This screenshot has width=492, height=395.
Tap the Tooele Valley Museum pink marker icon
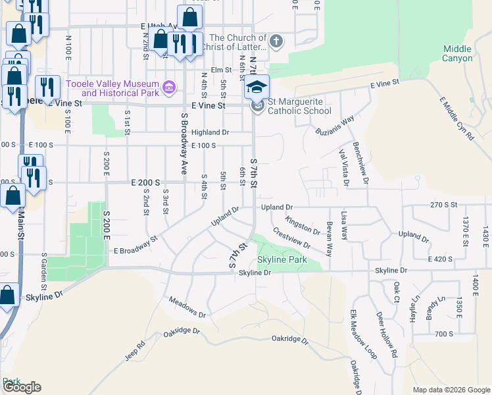click(x=169, y=88)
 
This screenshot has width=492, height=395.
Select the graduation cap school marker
click(x=257, y=87)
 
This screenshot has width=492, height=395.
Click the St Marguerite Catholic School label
click(x=299, y=106)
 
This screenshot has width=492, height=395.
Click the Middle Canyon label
click(x=457, y=53)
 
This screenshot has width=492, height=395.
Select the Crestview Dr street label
click(x=291, y=238)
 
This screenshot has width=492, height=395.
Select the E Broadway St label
click(x=135, y=246)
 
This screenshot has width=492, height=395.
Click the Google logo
click(x=21, y=387)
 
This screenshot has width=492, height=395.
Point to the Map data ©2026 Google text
click(x=451, y=390)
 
